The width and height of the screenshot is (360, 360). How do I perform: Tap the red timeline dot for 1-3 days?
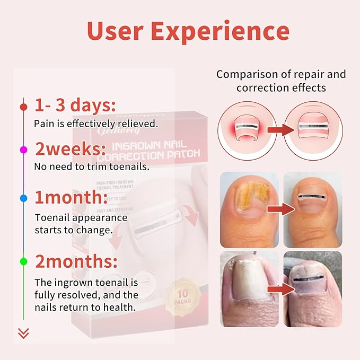coord(23,107)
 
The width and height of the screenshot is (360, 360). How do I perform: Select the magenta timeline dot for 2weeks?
coord(23,151)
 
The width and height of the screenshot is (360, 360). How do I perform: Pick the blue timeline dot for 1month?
coord(23,198)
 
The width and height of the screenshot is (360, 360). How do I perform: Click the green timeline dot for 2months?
coord(23,261)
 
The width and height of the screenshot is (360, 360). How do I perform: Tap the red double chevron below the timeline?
coord(23,333)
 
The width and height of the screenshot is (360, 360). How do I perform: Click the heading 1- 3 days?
coord(75,105)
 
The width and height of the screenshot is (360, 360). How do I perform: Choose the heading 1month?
coord(72,197)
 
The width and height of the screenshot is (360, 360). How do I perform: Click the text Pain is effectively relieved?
coord(96,124)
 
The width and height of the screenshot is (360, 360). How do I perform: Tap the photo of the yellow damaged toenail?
coord(249,209)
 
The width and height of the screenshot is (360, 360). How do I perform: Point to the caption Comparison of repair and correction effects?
coord(281,81)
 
